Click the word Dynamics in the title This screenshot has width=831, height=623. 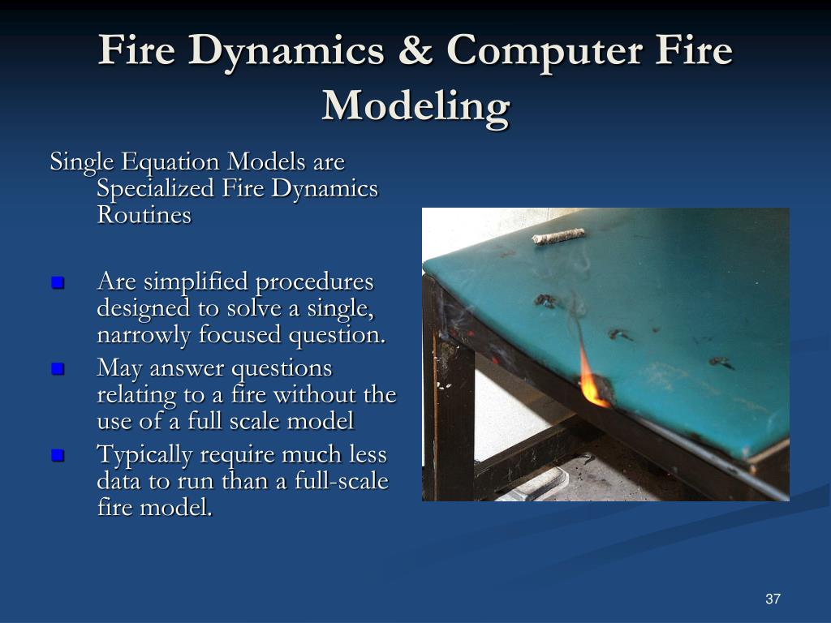coord(287,51)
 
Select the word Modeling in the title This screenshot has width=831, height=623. coord(415,105)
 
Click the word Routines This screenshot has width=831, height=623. coord(144,215)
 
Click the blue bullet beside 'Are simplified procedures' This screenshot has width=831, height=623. coord(57,283)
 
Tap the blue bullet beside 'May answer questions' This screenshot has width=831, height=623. coord(57,369)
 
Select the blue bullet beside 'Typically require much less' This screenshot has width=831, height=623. coord(57,455)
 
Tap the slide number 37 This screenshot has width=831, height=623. coord(772,599)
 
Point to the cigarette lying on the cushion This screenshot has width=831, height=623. coord(558,236)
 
